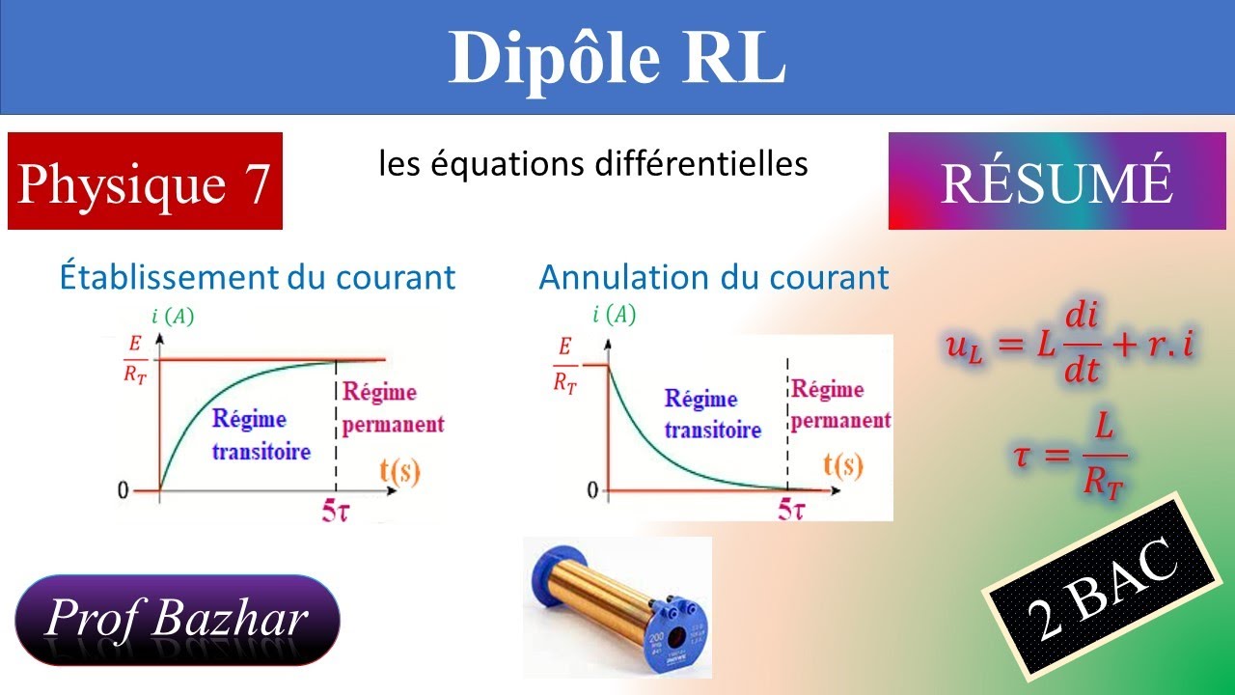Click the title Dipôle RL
click(617, 58)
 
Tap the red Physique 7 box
click(145, 181)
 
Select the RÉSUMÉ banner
click(1057, 181)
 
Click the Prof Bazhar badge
click(178, 619)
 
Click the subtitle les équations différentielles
click(592, 164)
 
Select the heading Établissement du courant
click(257, 277)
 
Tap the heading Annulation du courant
click(714, 277)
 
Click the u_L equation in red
click(1068, 345)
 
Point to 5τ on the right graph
click(792, 509)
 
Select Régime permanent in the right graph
click(839, 405)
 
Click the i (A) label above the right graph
click(615, 314)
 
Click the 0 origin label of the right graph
click(592, 490)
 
